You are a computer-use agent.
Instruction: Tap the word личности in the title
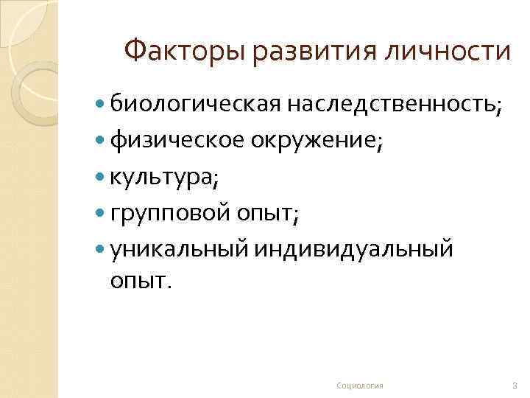[457, 51]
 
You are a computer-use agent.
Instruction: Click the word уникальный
[180, 250]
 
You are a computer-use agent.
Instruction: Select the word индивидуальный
[353, 250]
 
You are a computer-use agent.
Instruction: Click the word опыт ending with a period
[141, 282]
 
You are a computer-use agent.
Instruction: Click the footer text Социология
[359, 385]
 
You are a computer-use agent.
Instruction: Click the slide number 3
[514, 385]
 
